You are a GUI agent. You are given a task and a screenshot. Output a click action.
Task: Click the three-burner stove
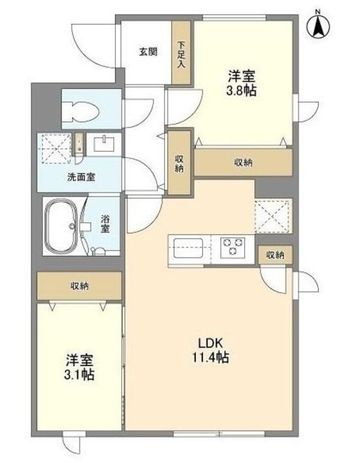click(x=233, y=246)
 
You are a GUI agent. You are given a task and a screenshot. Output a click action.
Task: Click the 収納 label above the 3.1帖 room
click(x=80, y=286)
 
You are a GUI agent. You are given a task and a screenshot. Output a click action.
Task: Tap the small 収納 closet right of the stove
click(x=275, y=255)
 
